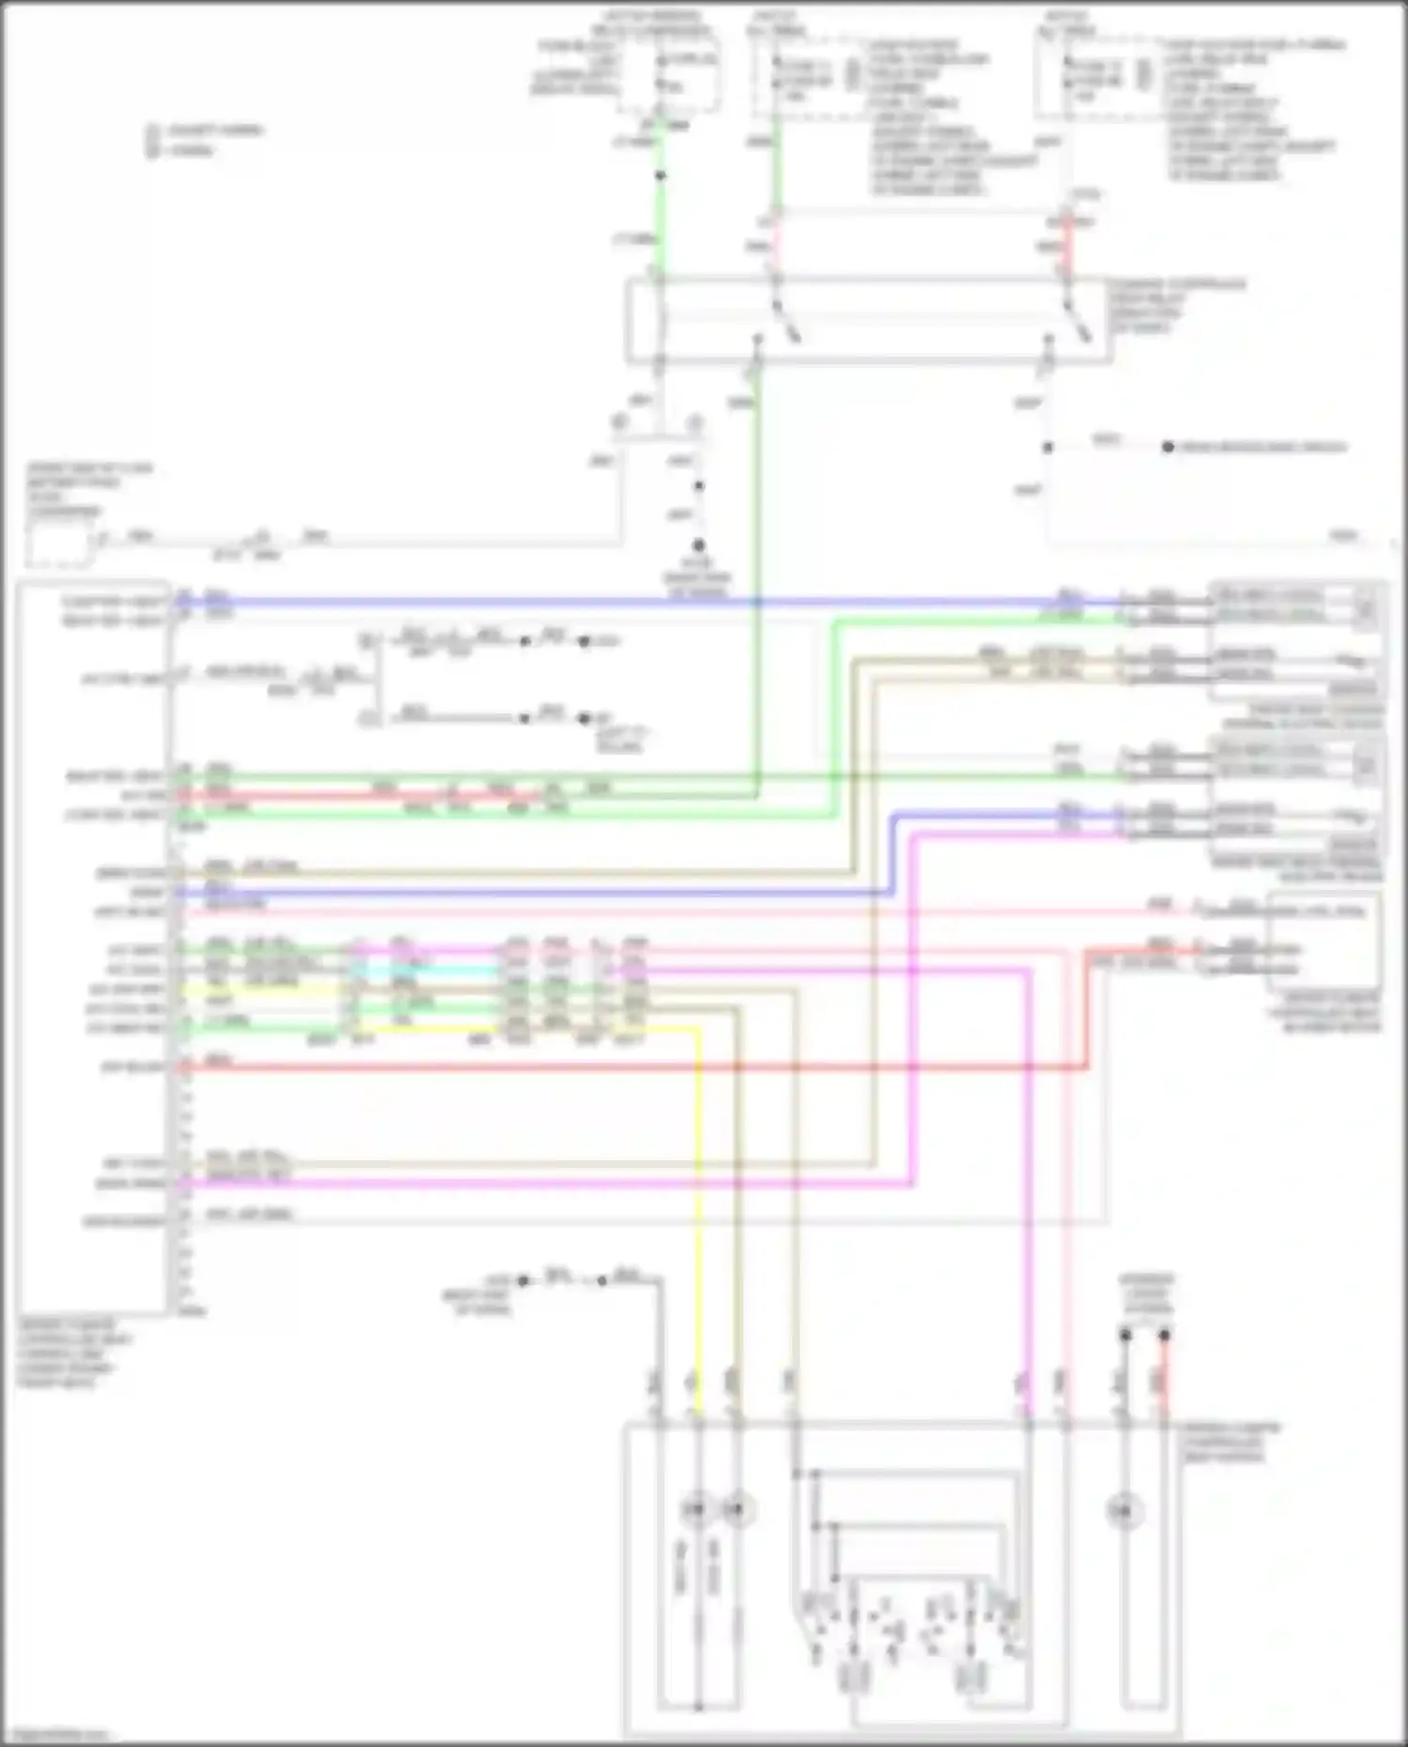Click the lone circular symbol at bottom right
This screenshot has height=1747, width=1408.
coord(1124,1512)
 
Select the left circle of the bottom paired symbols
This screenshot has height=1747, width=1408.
coord(695,1509)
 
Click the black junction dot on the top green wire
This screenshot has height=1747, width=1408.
coord(660,176)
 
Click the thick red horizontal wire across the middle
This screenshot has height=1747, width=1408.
coord(638,1067)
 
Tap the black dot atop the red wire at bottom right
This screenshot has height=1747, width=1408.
coord(1164,1334)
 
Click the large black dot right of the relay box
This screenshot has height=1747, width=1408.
coord(1168,447)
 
